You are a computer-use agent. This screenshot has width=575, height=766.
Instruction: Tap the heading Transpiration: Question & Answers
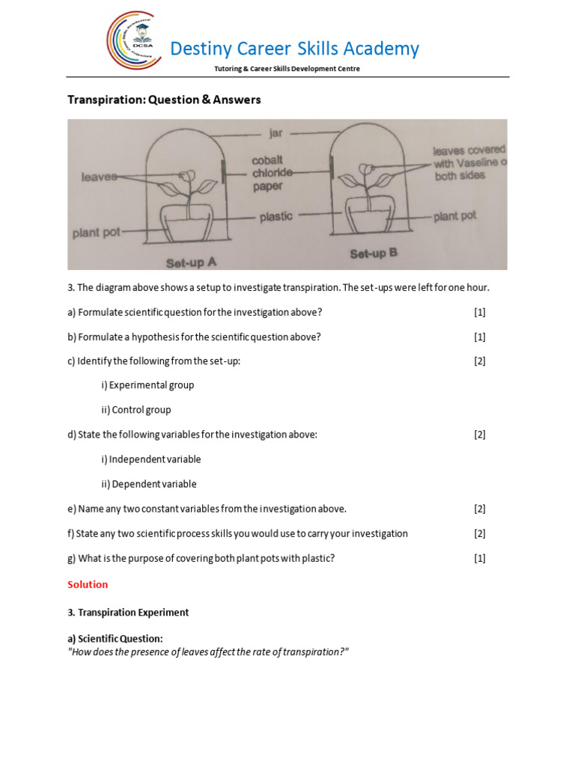pos(164,99)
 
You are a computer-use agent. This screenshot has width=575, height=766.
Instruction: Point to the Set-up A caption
pos(191,262)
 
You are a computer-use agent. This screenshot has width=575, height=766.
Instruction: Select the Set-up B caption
pos(374,254)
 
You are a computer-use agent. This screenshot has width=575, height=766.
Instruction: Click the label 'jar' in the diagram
pos(276,134)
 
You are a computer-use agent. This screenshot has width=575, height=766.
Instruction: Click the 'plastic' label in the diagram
pos(276,216)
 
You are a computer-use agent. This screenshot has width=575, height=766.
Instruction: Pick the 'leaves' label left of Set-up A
pos(99,177)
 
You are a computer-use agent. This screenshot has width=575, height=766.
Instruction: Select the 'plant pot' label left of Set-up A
pos(96,233)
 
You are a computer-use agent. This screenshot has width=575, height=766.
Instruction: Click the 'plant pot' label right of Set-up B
pos(454,216)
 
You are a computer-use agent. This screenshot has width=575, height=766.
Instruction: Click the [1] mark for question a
pos(479,312)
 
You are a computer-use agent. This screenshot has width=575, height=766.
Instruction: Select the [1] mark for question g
pos(479,558)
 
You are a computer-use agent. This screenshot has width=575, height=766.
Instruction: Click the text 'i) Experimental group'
pos(147,385)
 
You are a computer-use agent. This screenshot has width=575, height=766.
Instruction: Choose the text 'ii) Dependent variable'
pos(149,484)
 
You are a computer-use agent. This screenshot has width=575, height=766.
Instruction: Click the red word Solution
pos(88,584)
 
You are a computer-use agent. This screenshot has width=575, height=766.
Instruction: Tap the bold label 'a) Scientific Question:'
pos(115,638)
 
